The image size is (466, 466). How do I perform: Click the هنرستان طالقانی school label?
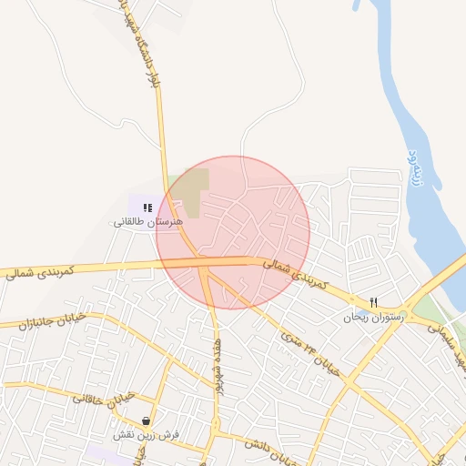(148, 222)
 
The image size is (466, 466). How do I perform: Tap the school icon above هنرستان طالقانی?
(147, 208)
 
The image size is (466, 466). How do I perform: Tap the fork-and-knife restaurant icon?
(373, 302)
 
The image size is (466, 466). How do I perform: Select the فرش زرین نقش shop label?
(147, 435)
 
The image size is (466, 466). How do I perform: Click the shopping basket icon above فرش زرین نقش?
(147, 420)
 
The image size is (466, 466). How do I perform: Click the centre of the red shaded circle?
(233, 233)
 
